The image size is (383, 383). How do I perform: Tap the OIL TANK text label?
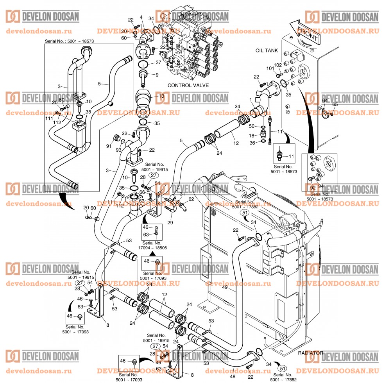point(267,50)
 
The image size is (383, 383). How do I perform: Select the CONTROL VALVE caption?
point(188,85)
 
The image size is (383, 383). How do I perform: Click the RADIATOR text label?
point(311,353)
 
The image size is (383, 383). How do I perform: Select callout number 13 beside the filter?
point(161,96)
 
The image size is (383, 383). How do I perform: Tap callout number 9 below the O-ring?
point(157,75)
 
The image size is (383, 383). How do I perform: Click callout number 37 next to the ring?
point(158,63)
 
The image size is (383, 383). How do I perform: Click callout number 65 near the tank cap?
point(335,105)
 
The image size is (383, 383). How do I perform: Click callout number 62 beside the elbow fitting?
point(191,199)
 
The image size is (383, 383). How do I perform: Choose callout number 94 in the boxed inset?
point(321,186)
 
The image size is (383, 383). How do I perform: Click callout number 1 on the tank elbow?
point(250,99)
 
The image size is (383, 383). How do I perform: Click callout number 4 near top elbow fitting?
point(141,17)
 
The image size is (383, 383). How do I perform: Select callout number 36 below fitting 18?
point(252,143)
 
